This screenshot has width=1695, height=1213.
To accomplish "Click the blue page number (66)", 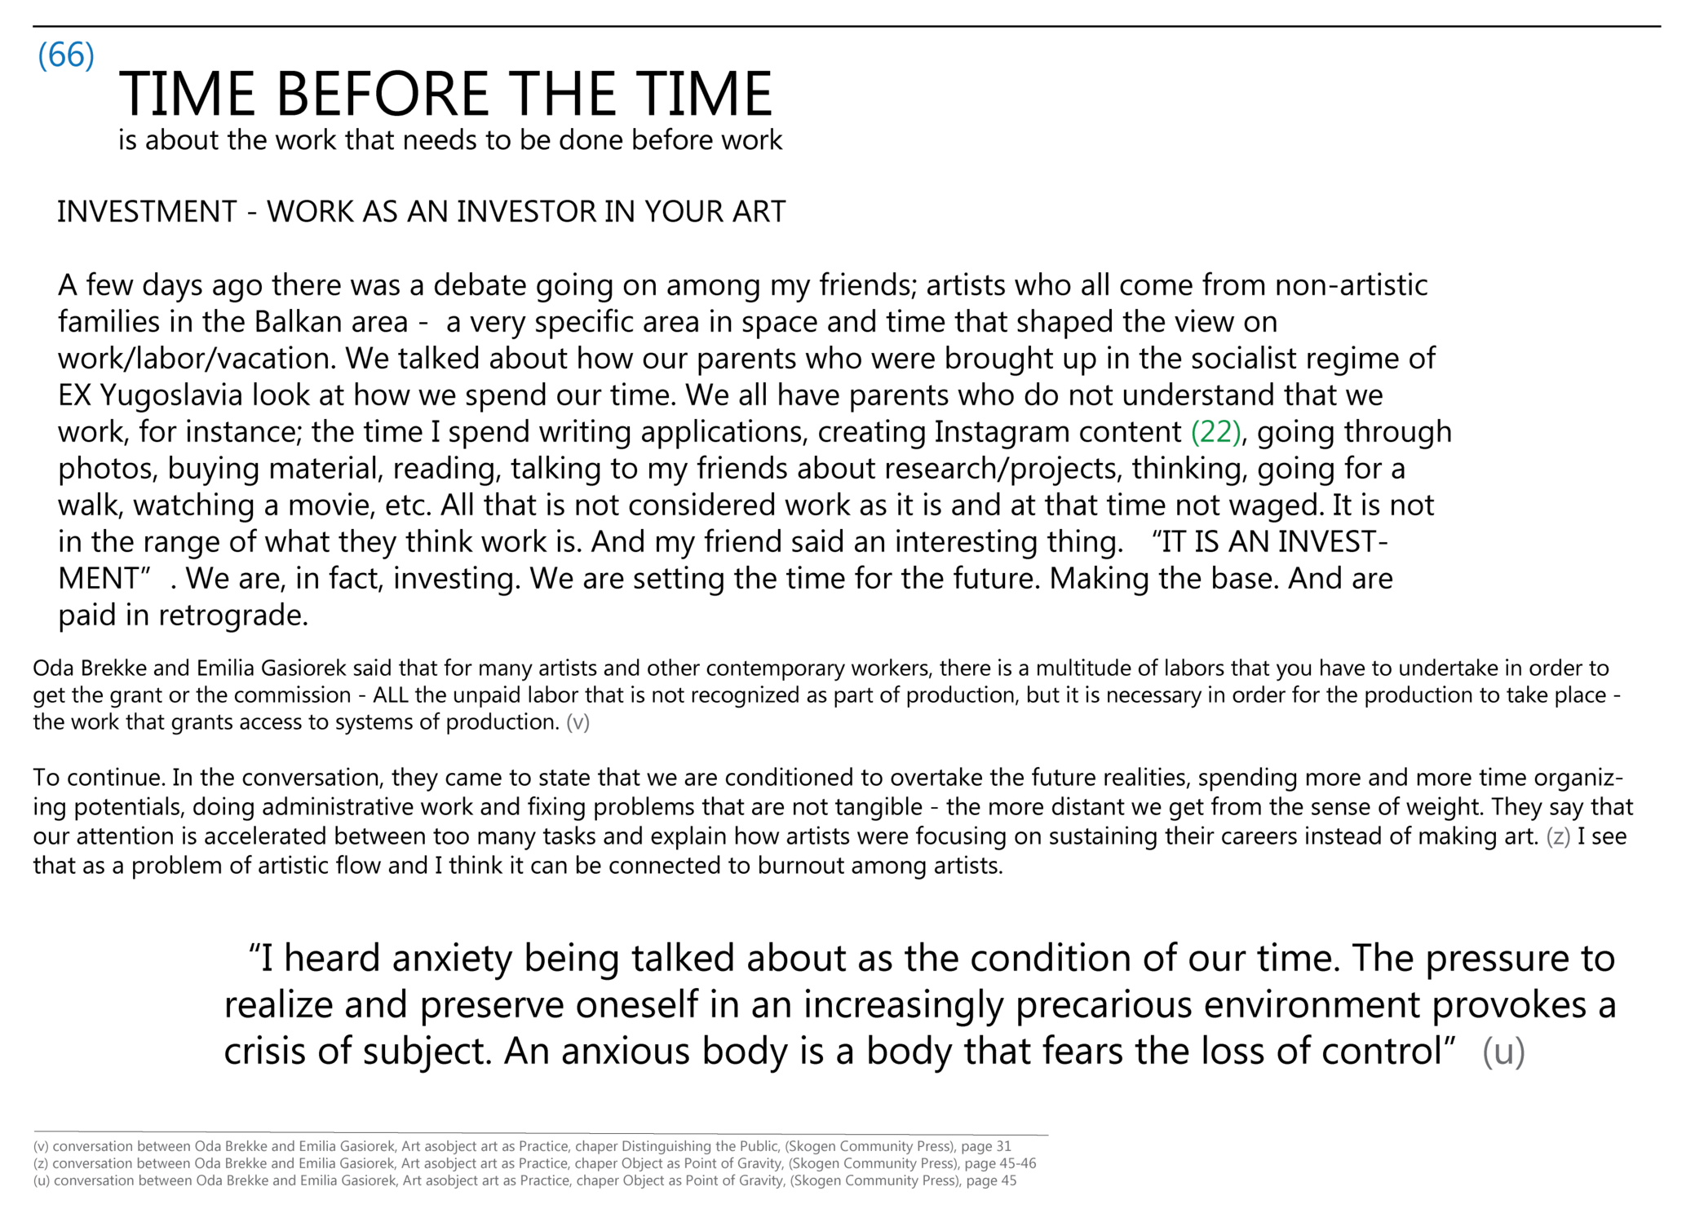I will click(66, 55).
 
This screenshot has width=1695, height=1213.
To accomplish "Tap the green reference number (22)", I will click(1215, 432).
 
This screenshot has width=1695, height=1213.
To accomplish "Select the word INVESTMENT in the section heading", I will click(147, 212).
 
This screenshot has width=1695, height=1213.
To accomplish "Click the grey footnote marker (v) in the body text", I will click(578, 722).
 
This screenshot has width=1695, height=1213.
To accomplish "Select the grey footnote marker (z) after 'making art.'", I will click(1558, 836).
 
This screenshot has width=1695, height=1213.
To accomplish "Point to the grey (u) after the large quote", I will click(1503, 1052).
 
